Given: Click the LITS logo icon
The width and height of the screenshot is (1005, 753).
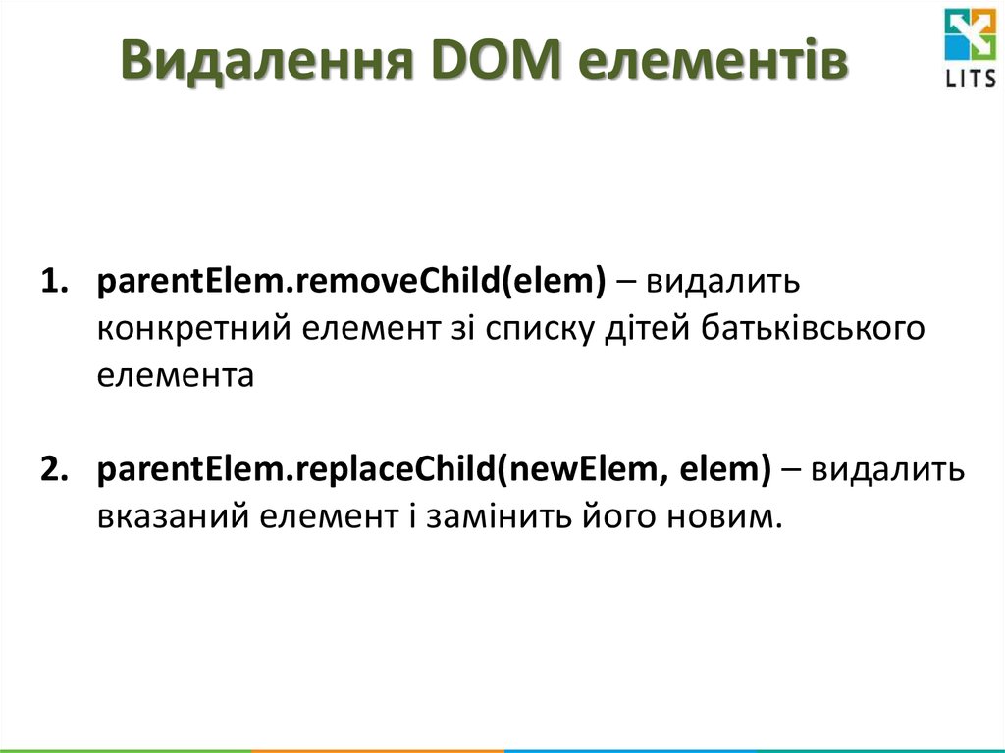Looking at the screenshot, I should pyautogui.click(x=969, y=37).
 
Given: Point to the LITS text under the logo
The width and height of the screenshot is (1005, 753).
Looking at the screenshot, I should pyautogui.click(x=969, y=81).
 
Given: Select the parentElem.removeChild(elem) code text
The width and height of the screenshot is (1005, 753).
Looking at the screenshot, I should pyautogui.click(x=351, y=283).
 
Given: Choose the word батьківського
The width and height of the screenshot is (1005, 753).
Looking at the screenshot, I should pyautogui.click(x=814, y=329).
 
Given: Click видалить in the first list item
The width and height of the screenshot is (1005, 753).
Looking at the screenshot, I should pyautogui.click(x=722, y=283).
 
